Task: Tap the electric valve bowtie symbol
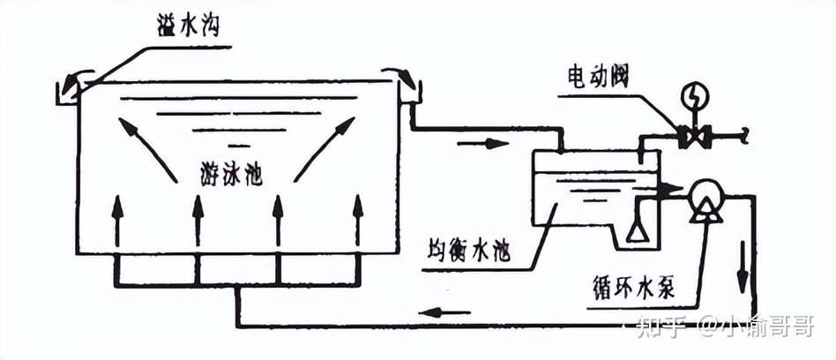click(x=694, y=137)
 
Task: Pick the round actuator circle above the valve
click(x=694, y=94)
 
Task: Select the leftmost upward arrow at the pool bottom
click(x=116, y=221)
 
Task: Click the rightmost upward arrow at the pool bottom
click(x=358, y=221)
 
